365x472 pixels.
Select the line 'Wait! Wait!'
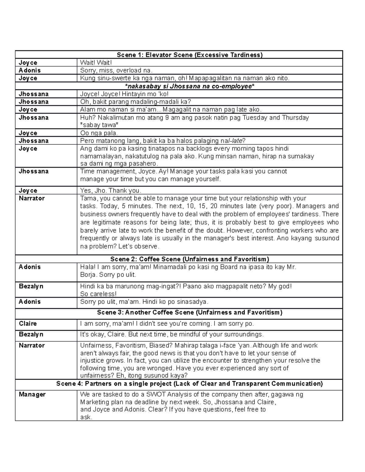pos(96,63)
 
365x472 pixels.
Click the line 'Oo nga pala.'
pos(99,133)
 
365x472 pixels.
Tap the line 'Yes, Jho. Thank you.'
pos(111,191)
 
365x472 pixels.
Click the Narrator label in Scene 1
pos(32,198)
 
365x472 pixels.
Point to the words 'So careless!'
pos(98,294)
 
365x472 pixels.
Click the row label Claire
pos(28,324)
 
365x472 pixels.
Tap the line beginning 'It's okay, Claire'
pos(172,334)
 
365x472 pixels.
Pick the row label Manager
pos(32,394)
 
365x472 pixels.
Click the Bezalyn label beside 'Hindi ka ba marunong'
pos(31,286)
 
